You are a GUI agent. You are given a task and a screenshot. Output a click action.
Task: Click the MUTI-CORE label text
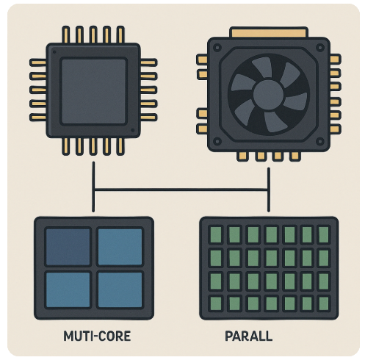pos(97,336)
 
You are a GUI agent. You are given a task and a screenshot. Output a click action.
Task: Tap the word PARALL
pos(248,336)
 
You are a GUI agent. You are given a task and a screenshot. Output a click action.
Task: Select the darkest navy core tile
pos(68,247)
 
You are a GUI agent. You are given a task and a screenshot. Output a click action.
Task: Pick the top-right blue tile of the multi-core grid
pos(120,247)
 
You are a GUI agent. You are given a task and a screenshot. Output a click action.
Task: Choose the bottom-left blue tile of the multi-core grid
pos(68,289)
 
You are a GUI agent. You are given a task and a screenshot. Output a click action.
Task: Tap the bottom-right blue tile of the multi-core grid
pos(120,289)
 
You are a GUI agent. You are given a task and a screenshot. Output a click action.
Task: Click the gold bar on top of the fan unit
pos(269,33)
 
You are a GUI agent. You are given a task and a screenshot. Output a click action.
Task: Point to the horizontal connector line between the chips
pos(181,190)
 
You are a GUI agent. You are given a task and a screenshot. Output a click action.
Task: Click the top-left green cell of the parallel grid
pos(216,234)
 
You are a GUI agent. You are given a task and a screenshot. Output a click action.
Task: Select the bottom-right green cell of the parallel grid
pos(324,303)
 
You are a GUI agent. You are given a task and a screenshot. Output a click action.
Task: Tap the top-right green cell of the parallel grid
pos(324,234)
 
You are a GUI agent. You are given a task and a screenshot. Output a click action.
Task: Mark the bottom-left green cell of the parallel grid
pos(216,303)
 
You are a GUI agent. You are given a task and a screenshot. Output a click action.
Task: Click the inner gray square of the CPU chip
pos(93,91)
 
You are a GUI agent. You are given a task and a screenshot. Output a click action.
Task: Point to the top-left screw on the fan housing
pos(217,48)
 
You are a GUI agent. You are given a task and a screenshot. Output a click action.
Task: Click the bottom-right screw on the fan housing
pos(320,141)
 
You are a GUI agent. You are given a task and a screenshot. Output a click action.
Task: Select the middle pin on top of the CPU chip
pos(93,35)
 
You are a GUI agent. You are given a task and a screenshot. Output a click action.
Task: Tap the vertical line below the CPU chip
pos(93,187)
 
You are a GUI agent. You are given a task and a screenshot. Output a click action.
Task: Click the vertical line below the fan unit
pos(269,190)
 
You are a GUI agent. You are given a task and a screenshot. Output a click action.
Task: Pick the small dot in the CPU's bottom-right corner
pos(133,130)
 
